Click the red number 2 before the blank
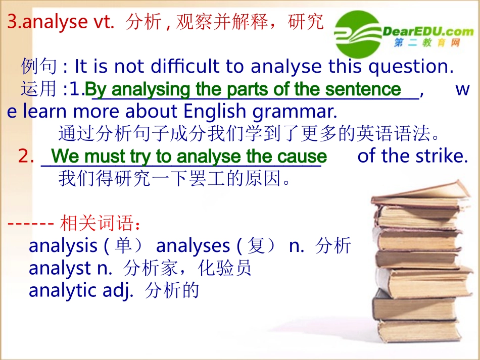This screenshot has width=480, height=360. click(24, 157)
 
